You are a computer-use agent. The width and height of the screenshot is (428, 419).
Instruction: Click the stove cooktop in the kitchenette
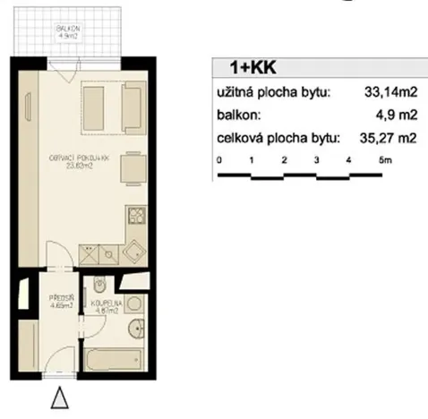[x=136, y=215]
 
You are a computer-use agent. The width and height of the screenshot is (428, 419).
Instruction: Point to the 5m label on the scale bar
[x=384, y=158]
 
